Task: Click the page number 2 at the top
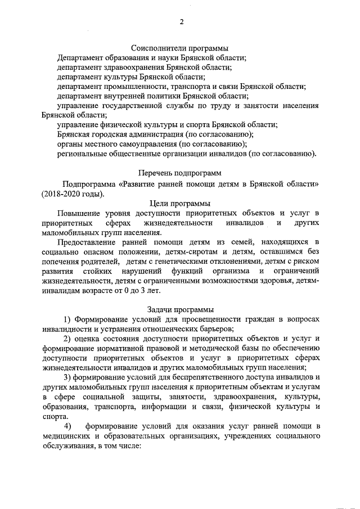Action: (182, 22)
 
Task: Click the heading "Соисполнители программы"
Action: (180, 48)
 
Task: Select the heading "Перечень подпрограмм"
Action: (180, 173)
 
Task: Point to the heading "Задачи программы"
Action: (180, 309)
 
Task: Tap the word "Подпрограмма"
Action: (89, 183)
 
